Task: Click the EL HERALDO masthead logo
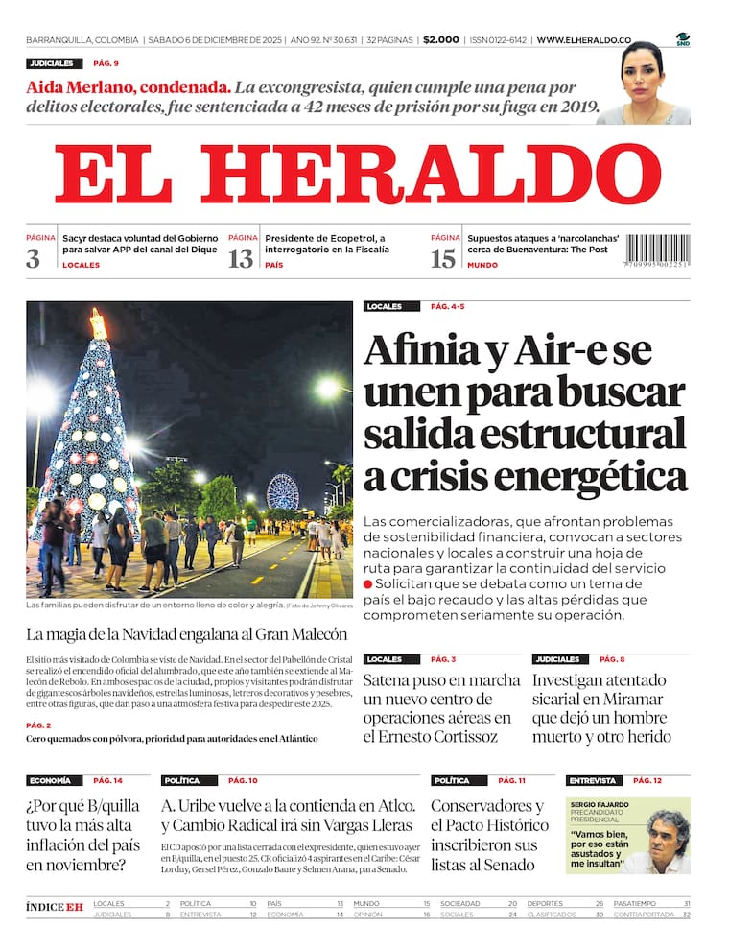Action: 357,175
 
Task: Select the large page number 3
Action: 34,258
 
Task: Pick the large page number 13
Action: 240,258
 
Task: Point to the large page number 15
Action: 442,258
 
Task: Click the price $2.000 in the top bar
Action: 441,40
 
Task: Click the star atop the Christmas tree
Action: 98,322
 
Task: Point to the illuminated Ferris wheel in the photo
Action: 282,491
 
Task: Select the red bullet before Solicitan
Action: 368,583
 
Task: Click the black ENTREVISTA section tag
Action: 592,780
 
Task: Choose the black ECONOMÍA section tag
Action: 50,780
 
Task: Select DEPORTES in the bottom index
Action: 545,904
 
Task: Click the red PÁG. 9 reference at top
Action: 106,63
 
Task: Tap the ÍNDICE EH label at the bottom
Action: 55,907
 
